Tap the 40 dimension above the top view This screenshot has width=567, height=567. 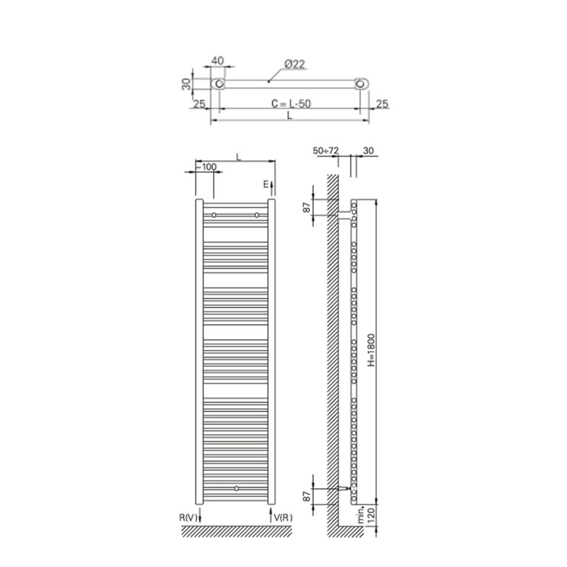click(219, 61)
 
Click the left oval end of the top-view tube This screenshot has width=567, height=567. click(219, 83)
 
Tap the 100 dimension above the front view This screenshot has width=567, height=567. click(209, 167)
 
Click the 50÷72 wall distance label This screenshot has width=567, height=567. click(326, 150)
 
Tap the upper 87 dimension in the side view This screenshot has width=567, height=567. click(308, 207)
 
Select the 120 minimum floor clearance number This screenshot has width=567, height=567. click(371, 514)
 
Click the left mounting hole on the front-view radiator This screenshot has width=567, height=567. click(214, 215)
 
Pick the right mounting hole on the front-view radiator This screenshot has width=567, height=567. click(257, 215)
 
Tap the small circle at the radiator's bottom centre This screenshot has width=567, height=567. click(236, 488)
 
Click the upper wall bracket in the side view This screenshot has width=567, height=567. click(344, 216)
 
